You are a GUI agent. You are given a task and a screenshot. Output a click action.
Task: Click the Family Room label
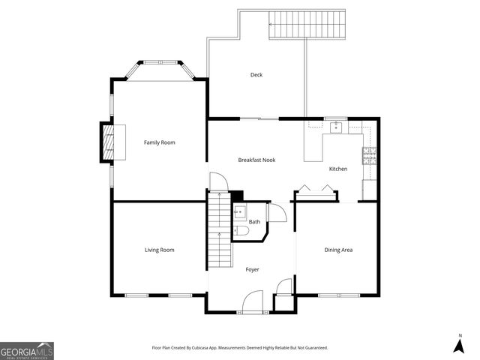point(159,142)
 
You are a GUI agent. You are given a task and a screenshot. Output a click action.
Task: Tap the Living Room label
point(159,250)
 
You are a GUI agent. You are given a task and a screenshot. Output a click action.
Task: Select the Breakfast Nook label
point(257,160)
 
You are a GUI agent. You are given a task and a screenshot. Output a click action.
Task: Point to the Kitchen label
point(338,169)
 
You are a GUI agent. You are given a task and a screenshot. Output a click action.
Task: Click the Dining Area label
point(338,250)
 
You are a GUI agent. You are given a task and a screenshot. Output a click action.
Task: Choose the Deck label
point(256,74)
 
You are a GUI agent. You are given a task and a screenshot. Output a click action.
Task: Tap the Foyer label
point(253,269)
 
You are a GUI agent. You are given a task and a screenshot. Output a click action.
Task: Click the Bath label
point(254,222)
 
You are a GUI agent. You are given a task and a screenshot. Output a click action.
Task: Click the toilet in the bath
point(240,232)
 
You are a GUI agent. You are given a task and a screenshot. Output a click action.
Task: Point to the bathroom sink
point(238,212)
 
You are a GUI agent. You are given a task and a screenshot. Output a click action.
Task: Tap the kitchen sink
point(336,127)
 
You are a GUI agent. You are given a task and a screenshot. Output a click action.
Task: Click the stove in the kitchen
point(369,156)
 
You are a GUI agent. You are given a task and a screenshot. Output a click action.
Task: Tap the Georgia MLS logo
point(27,350)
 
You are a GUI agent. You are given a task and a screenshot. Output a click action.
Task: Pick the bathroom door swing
point(277,213)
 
